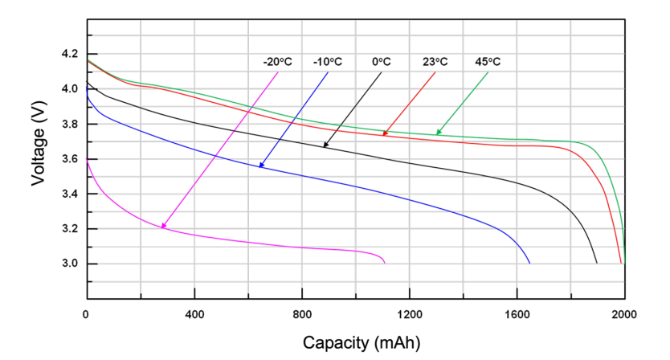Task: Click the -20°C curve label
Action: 278,62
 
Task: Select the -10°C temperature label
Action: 328,62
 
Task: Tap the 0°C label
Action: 381,62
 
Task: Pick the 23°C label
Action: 435,62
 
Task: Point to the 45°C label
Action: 488,62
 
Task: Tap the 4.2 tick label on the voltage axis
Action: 69,53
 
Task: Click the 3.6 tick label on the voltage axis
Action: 69,158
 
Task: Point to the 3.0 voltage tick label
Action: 69,264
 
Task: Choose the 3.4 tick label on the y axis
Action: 69,194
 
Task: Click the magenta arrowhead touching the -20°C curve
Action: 163,227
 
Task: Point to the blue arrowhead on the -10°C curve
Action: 261,166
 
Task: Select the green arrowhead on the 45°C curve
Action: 439,133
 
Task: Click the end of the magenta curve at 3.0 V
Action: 385,263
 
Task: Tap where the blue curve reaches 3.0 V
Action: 529,263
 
